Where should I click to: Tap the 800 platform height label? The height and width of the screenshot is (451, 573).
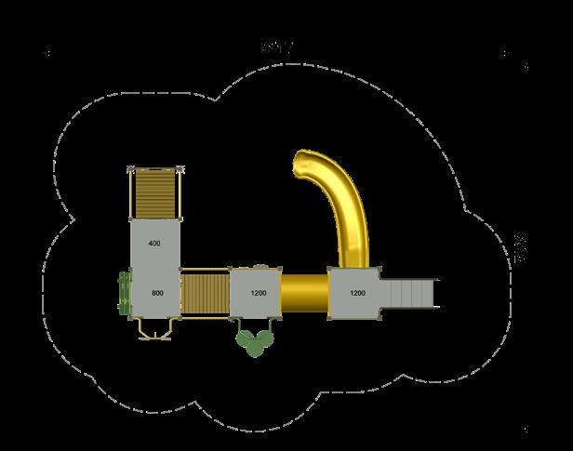coord(157,293)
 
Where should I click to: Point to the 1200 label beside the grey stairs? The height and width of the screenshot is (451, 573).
coord(357,294)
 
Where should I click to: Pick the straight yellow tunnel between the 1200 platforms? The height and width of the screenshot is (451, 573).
coord(304,294)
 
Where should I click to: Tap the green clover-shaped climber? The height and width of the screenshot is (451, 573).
coord(253,341)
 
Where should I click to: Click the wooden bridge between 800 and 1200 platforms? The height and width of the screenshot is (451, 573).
coord(204,294)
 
